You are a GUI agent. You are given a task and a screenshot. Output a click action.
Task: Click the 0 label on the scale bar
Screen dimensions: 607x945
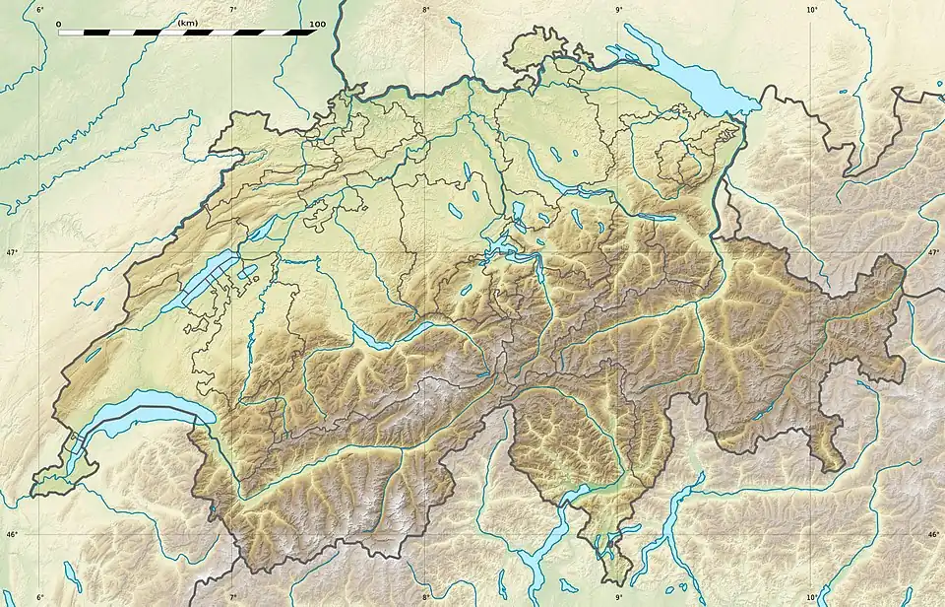tap(59, 23)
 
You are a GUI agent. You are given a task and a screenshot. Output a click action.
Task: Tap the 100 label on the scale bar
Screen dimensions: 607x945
tap(317, 23)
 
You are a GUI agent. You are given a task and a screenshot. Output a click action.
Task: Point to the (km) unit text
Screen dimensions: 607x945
tap(187, 22)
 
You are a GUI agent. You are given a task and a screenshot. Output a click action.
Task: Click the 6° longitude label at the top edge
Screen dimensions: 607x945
tap(40, 10)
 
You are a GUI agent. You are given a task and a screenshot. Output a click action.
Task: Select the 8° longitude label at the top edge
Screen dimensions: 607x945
tap(426, 10)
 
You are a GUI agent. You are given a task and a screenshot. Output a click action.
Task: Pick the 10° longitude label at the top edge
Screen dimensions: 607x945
tap(812, 10)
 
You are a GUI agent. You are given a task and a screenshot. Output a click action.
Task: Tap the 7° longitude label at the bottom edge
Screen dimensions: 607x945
tap(233, 597)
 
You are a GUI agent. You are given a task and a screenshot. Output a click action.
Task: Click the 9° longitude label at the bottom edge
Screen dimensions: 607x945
tap(619, 597)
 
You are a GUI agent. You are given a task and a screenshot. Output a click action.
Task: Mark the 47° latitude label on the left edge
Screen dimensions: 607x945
tap(11, 253)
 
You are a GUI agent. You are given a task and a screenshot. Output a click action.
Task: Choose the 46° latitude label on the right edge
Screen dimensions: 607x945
tap(933, 535)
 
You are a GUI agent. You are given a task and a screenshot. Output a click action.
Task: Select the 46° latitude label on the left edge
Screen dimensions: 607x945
tap(11, 535)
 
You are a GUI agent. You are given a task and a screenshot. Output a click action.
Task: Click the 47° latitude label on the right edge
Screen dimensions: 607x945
tap(933, 253)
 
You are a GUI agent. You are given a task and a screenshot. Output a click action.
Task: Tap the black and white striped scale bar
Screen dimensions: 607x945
tap(187, 32)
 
